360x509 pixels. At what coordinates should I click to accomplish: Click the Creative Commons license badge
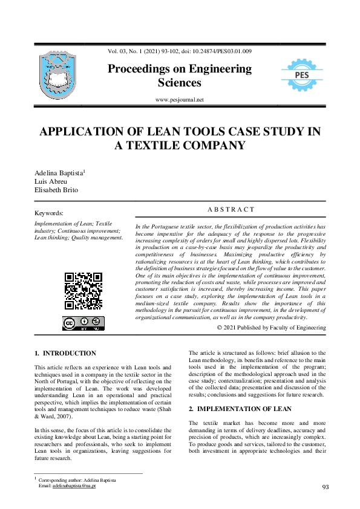coord(83,323)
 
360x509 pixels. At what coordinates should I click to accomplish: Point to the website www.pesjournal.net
coord(180,99)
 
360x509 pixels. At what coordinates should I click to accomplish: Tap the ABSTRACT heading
coord(231,210)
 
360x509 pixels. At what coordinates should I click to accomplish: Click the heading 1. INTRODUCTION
coord(65,353)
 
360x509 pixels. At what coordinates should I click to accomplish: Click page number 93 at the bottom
coord(325,487)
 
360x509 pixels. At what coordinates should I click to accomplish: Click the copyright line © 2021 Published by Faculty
coord(271,328)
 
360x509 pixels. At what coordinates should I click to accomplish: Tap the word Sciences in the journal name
coord(180,83)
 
